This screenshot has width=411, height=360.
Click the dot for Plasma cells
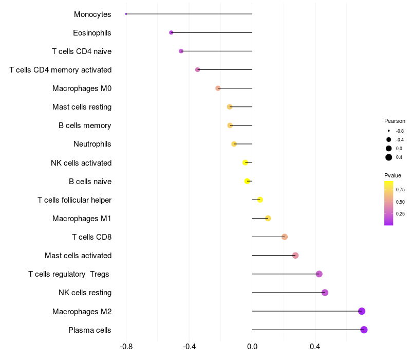(x=364, y=330)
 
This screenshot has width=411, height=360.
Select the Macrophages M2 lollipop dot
(x=362, y=311)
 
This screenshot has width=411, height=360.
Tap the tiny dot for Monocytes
(x=126, y=14)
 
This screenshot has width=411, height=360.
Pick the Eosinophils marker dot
(x=171, y=32)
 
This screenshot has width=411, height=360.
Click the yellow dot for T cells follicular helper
(x=260, y=200)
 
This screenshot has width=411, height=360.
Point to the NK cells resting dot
(x=325, y=293)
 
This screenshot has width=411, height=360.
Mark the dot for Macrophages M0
(x=218, y=88)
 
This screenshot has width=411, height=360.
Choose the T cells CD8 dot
(x=285, y=237)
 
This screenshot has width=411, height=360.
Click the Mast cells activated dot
(x=295, y=256)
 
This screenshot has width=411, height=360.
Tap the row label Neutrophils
(x=92, y=144)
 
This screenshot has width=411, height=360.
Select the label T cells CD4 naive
(x=82, y=51)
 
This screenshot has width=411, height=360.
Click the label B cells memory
(x=85, y=125)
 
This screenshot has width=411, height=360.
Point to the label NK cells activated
(x=81, y=163)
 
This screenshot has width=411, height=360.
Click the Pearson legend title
(x=395, y=121)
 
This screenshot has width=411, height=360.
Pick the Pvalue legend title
(x=393, y=175)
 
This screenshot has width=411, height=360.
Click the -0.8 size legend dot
(x=389, y=131)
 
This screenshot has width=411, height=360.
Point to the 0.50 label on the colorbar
(x=400, y=202)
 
